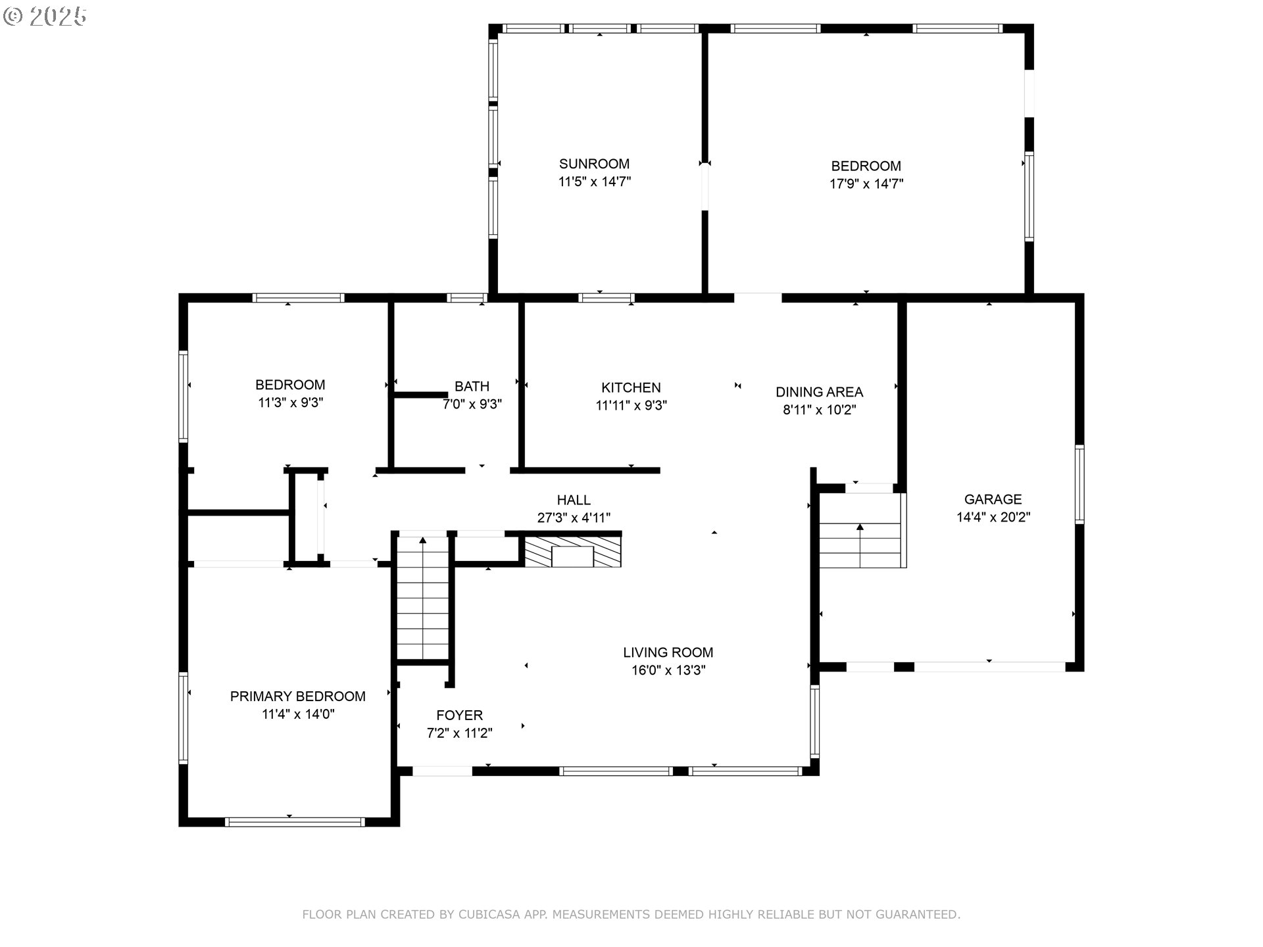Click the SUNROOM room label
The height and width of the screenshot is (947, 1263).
pyautogui.click(x=594, y=164)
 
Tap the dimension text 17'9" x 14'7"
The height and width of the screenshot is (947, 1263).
pyautogui.click(x=866, y=184)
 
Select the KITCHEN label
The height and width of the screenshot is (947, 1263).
pyautogui.click(x=631, y=388)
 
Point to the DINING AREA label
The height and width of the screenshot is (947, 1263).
pyautogui.click(x=819, y=393)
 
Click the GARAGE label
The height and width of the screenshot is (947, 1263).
pyautogui.click(x=993, y=499)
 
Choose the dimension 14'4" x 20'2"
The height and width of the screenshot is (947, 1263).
pyautogui.click(x=993, y=518)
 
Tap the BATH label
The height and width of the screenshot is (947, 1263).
pyautogui.click(x=472, y=387)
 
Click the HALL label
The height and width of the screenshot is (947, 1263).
pyautogui.click(x=574, y=500)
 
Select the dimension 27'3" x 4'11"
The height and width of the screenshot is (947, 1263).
pyautogui.click(x=574, y=518)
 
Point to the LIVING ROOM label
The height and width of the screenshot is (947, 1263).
pyautogui.click(x=668, y=652)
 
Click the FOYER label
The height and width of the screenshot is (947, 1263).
pyautogui.click(x=459, y=715)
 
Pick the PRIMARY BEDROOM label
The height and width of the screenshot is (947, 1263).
pyautogui.click(x=297, y=696)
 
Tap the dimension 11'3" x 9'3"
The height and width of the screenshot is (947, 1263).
pyautogui.click(x=290, y=402)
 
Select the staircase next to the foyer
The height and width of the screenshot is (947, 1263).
pyautogui.click(x=423, y=598)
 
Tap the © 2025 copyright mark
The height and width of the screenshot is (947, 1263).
pyautogui.click(x=45, y=16)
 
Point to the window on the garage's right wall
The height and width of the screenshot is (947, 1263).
pyautogui.click(x=1079, y=484)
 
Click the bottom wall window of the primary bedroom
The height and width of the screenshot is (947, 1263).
pyautogui.click(x=294, y=821)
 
